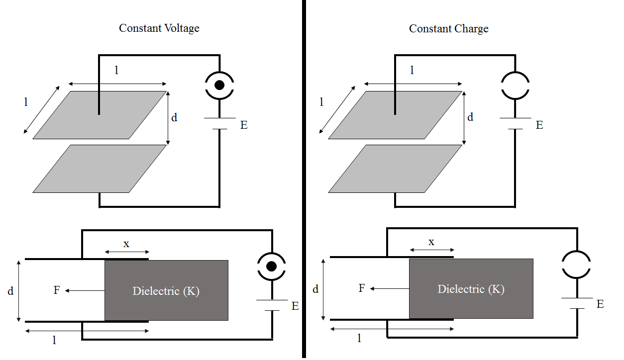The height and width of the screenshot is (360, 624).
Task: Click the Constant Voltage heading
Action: pos(159,28)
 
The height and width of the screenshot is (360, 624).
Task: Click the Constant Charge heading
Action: pos(448,29)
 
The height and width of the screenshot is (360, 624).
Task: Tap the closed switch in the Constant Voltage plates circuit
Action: pos(219,85)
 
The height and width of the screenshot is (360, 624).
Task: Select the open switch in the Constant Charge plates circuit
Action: pos(515,85)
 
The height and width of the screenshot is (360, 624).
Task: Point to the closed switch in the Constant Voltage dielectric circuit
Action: pos(271,267)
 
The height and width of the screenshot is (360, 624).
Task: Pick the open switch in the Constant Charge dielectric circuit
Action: pos(576,264)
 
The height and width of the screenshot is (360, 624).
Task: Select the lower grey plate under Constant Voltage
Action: pos(100,169)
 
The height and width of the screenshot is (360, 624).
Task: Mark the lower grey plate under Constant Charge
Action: pos(395,169)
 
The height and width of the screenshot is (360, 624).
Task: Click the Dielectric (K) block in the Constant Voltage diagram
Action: pos(166,291)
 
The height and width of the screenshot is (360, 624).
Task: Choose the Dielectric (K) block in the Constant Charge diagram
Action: pos(471,289)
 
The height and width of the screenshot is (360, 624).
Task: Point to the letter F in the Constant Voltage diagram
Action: pos(57,290)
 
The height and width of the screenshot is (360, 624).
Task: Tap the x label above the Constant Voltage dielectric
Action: pos(126,244)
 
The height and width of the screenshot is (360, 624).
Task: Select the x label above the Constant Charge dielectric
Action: pos(431,242)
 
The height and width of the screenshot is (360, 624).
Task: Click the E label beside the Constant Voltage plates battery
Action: pos(244,125)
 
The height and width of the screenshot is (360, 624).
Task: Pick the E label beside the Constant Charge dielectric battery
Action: pos(600,304)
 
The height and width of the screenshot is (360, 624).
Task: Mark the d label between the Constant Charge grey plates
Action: pos(470,117)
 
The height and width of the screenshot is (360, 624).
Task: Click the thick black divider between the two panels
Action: pos(303,179)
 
